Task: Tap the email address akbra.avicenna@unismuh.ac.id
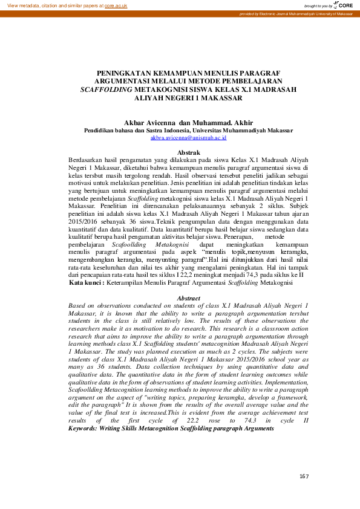coord(188,138)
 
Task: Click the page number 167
coord(304,477)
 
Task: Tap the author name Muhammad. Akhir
coord(224,122)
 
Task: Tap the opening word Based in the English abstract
coord(77,306)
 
